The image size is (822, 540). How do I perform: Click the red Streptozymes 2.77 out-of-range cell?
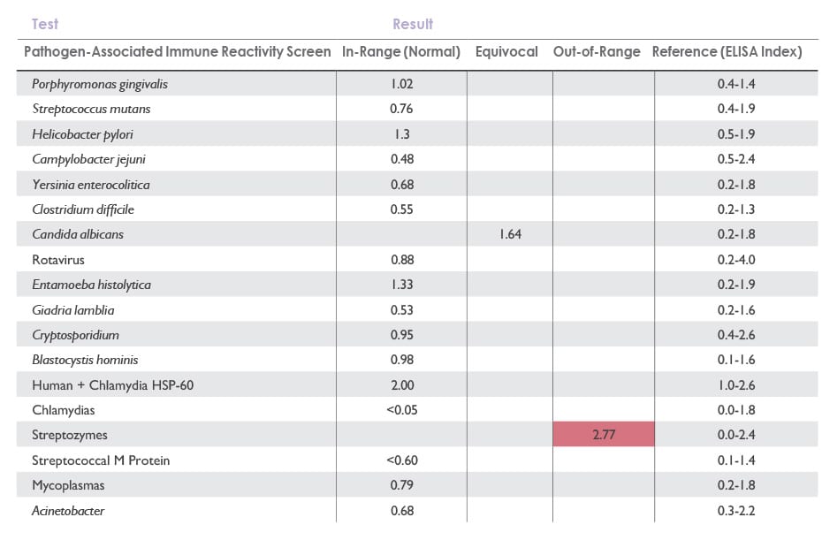604,436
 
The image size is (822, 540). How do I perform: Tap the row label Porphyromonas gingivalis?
100,84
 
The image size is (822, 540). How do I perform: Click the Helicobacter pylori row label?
82,134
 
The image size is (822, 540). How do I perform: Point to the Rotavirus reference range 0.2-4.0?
735,260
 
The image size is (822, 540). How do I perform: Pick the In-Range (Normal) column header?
401,52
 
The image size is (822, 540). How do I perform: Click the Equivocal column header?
506,52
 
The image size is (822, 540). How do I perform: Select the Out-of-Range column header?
597,52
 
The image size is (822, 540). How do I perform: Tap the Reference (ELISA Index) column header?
727,52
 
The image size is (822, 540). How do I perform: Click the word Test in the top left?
45,24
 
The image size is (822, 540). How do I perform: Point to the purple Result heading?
413,24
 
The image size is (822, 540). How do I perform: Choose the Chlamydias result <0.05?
402,410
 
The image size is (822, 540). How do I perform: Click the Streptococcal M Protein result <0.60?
402,460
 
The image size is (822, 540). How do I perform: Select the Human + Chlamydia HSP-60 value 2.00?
402,385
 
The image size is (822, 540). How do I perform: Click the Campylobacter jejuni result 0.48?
402,159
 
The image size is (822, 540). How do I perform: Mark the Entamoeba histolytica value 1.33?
402,285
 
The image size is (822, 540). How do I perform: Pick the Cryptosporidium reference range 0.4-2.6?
735,335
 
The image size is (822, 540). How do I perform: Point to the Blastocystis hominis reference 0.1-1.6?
735,360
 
